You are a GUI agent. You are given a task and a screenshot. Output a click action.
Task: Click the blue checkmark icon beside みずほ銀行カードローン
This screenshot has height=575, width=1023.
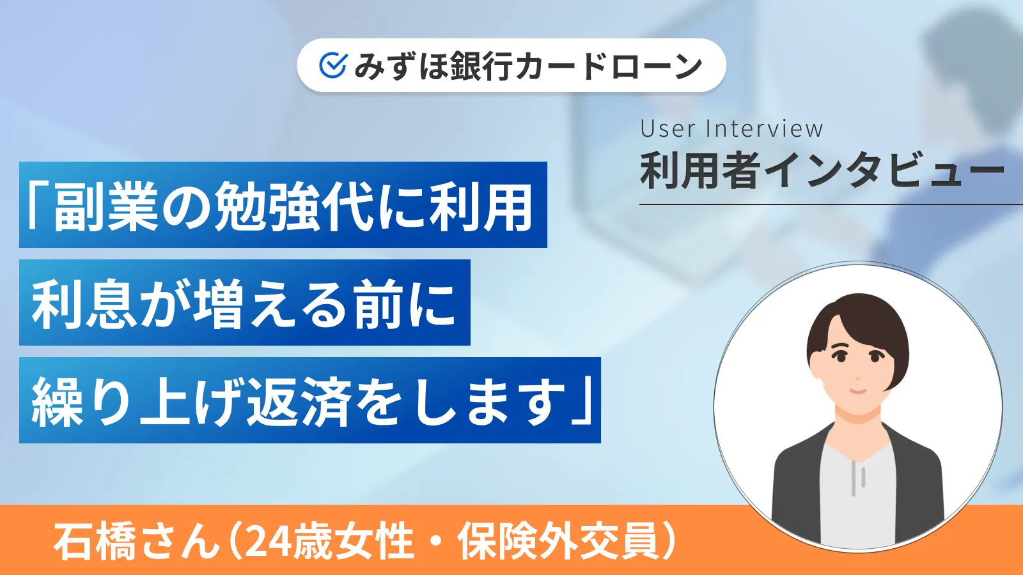pyautogui.click(x=332, y=65)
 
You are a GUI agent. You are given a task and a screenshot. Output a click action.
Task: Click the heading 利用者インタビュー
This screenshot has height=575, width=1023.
pyautogui.click(x=822, y=171)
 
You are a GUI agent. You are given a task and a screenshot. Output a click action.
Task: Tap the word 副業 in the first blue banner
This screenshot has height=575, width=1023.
pyautogui.click(x=105, y=206)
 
